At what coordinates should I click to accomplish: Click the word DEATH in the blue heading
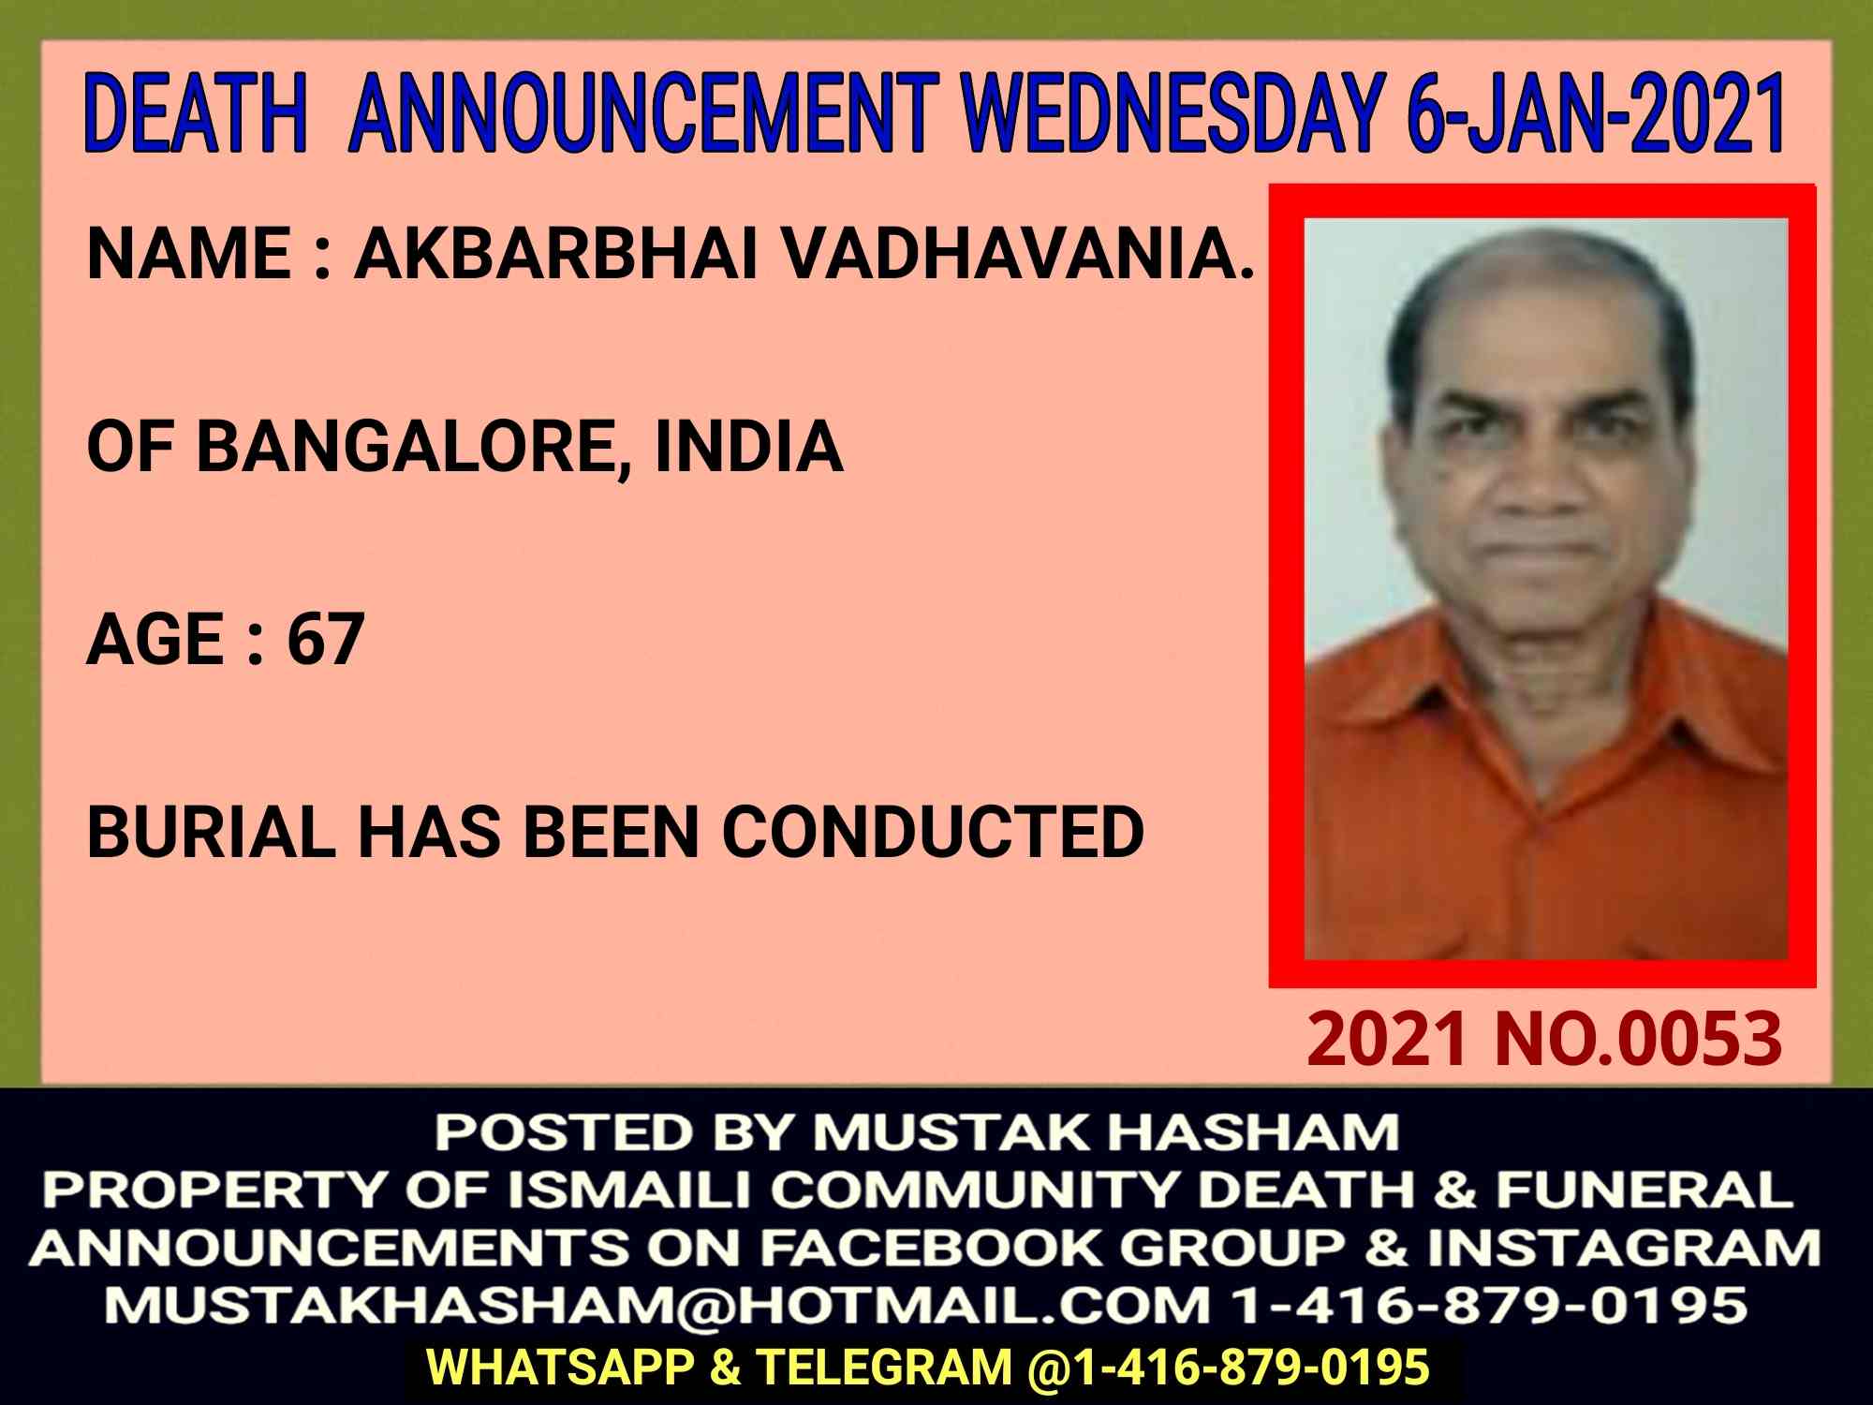tap(196, 113)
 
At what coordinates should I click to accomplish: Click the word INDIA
tap(748, 445)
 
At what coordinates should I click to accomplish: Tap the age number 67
tap(325, 639)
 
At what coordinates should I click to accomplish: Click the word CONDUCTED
tap(933, 832)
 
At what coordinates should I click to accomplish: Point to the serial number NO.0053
tap(1638, 1039)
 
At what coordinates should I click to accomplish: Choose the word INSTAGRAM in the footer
tap(1623, 1248)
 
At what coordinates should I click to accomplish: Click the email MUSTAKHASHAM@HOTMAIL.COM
tap(657, 1306)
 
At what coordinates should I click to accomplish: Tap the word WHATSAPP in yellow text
tap(560, 1368)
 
